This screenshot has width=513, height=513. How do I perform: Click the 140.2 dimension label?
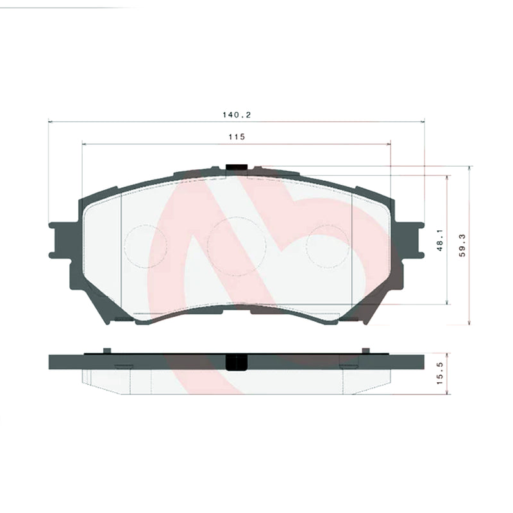point(235,115)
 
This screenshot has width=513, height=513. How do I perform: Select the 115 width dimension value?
point(236,137)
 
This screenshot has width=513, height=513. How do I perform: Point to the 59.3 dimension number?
point(462,245)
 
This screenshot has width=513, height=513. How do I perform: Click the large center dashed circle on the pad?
point(237,246)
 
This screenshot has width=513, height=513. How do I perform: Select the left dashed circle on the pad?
point(146,246)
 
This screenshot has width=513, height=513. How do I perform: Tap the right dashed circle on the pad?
point(328,246)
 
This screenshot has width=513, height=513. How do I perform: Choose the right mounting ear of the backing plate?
point(411,239)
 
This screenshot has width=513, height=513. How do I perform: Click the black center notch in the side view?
point(237,362)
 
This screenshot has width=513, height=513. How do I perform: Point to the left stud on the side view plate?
point(107,350)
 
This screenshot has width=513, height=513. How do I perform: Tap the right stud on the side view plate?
point(366,350)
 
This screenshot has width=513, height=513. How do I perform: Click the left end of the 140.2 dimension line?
point(49,121)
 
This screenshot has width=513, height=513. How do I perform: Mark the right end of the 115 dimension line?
point(391,144)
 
